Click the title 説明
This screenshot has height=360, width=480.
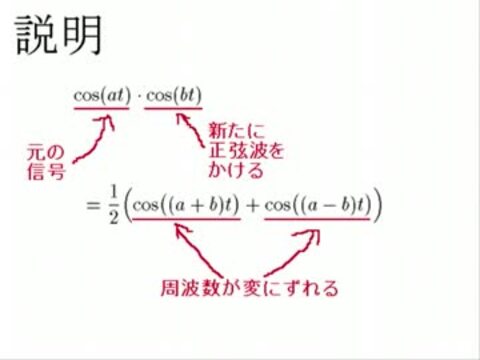[x=59, y=35]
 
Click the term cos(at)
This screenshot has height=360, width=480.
[x=102, y=96]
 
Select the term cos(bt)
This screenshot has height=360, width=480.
[x=174, y=96]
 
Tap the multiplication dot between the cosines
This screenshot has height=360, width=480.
[x=138, y=96]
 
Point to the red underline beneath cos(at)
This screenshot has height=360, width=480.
[x=102, y=108]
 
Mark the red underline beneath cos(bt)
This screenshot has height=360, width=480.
[x=173, y=108]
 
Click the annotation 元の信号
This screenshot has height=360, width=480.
[x=46, y=162]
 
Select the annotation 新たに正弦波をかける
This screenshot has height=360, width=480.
[x=246, y=151]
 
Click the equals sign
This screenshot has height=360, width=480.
[x=93, y=205]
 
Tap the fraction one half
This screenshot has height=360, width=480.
[x=114, y=205]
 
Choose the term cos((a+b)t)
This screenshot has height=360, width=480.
[x=186, y=205]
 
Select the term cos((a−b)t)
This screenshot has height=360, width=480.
[x=318, y=205]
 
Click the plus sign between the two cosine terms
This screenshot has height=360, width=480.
[x=252, y=206]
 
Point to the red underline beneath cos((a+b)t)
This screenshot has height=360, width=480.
[x=186, y=219]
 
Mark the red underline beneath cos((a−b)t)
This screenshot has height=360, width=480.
[x=317, y=219]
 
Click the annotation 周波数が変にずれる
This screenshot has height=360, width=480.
[x=249, y=288]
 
